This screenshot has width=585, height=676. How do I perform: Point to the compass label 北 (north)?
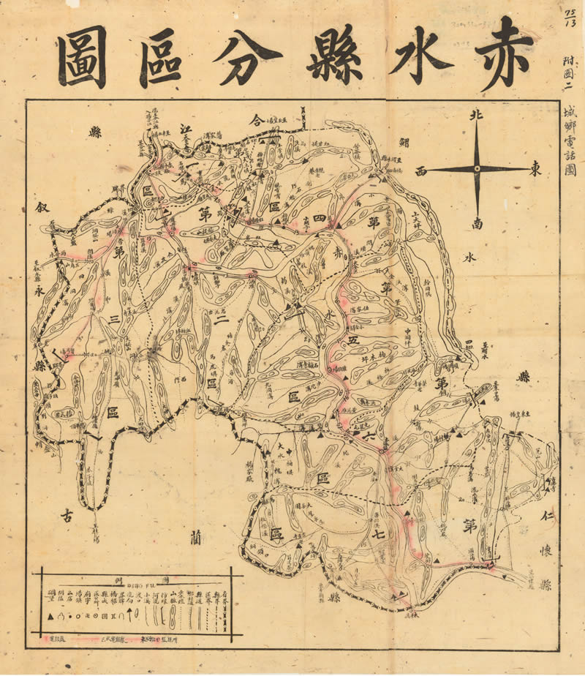[x=476, y=116]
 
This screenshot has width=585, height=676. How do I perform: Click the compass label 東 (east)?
[x=536, y=169]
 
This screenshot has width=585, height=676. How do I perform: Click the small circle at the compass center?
[x=477, y=169]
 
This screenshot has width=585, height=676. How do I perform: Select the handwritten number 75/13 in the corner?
[x=571, y=15]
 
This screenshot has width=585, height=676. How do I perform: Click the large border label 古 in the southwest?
[x=67, y=514]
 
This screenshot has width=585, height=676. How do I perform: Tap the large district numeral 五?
[x=353, y=340]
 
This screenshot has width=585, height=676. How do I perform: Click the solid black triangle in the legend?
[x=50, y=617]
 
